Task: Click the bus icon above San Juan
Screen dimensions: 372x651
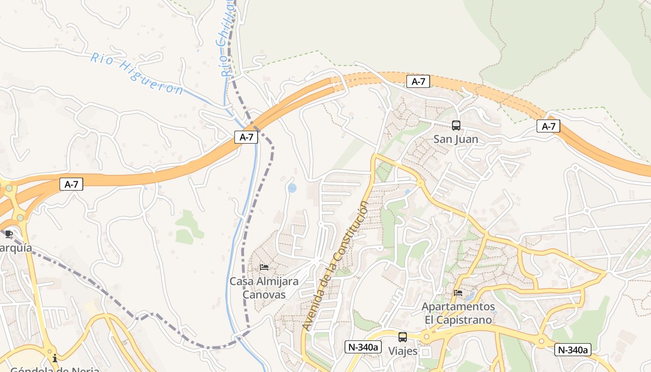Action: click(456, 125)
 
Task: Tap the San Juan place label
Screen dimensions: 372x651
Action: click(456, 139)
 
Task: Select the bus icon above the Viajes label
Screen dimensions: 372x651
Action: click(403, 337)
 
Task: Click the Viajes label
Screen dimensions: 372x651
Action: click(403, 351)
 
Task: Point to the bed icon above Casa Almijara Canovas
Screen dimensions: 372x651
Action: click(264, 267)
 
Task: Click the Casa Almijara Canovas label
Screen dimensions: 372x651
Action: click(264, 288)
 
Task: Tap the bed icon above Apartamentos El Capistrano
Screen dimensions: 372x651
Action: click(458, 293)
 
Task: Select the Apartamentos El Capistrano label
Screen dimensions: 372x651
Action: click(458, 313)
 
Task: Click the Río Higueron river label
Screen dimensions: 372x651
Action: click(137, 73)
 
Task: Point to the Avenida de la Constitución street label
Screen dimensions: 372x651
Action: click(335, 266)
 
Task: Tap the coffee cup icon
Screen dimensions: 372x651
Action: click(8, 234)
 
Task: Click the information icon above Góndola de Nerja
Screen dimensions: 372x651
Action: click(55, 358)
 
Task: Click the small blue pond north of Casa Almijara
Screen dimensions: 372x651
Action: click(292, 188)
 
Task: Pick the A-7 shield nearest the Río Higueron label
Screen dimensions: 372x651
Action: click(246, 137)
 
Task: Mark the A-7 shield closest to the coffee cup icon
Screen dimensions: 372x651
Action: click(71, 184)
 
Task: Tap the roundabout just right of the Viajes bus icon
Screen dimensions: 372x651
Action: click(426, 336)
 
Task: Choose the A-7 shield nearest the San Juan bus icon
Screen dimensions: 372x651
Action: click(418, 81)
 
